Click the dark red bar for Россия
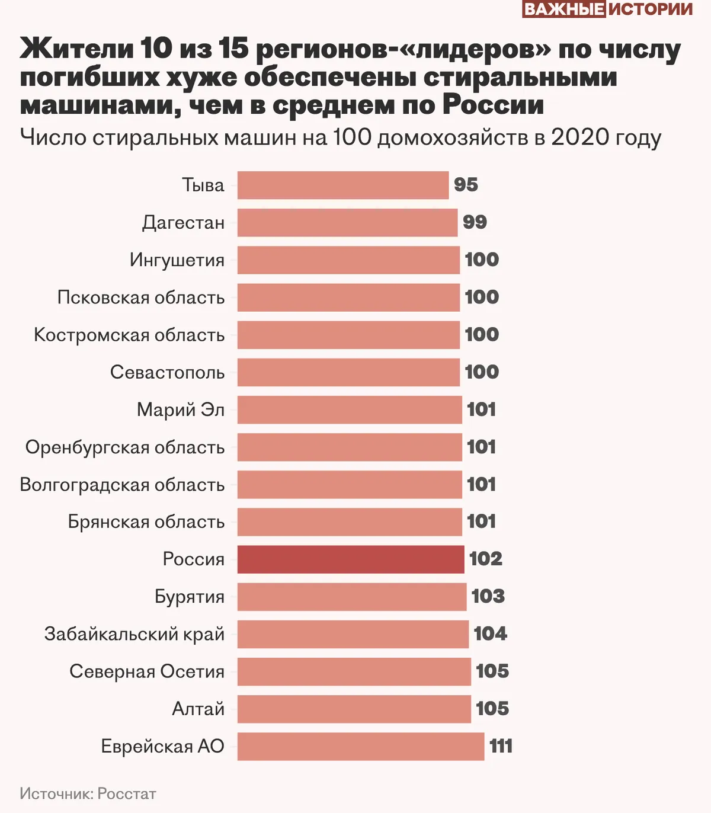[351, 559]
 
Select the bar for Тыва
[343, 185]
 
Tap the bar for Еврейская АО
[361, 747]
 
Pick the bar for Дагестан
[347, 223]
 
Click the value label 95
[466, 185]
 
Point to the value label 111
[501, 746]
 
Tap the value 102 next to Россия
[485, 559]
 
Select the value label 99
[475, 222]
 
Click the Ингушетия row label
[177, 260]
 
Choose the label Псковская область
[141, 297]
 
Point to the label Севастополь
[167, 372]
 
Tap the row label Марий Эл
[181, 409]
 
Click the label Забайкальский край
[134, 634]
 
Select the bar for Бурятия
[352, 597]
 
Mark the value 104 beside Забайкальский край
[490, 633]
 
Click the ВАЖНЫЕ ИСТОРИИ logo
[607, 9]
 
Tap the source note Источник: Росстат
[88, 793]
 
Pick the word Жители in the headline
[77, 49]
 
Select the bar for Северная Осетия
[354, 671]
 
